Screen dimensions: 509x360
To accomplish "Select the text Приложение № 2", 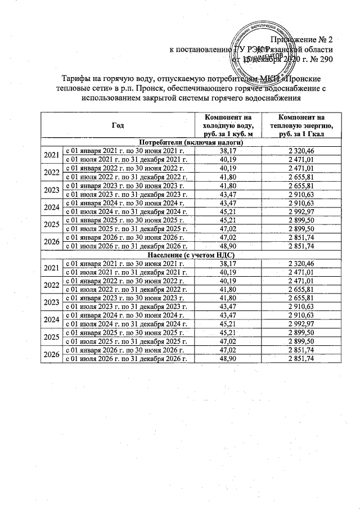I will (302, 40).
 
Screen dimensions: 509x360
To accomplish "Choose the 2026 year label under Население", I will (51, 355).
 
